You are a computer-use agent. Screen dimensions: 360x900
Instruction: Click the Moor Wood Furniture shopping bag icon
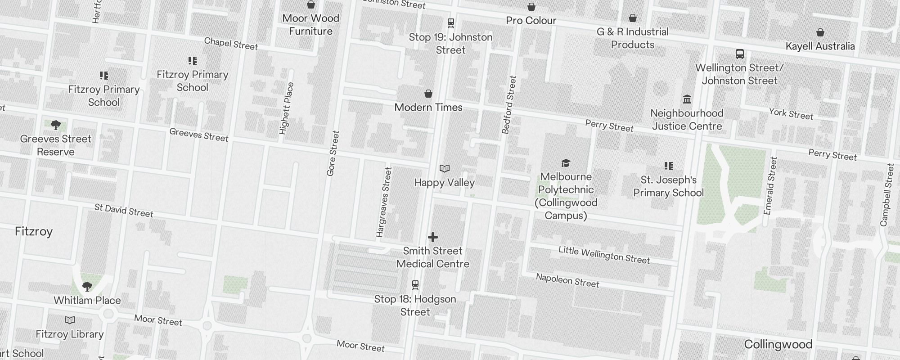click(x=310, y=5)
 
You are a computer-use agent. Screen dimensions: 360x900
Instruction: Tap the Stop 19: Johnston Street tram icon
click(x=450, y=22)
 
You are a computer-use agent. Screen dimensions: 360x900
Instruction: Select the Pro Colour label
click(x=531, y=21)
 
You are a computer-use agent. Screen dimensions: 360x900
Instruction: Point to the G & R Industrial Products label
click(x=632, y=38)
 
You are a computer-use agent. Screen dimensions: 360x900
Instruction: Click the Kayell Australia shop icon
click(x=820, y=32)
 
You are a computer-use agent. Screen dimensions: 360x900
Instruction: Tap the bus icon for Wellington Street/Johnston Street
click(x=739, y=54)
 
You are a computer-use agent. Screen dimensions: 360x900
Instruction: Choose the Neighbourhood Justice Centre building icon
click(x=687, y=99)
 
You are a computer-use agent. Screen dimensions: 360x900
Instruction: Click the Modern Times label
click(x=428, y=108)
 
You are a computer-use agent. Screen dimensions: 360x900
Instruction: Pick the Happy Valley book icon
click(x=444, y=169)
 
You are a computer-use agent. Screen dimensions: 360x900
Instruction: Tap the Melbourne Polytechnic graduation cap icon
click(x=566, y=163)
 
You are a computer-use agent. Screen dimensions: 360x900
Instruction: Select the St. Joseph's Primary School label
click(x=668, y=186)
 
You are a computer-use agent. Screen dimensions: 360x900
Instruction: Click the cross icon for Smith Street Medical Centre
click(x=432, y=237)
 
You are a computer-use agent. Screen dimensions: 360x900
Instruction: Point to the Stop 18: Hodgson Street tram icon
click(x=415, y=285)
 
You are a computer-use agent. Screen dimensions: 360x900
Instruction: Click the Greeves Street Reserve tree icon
click(x=55, y=125)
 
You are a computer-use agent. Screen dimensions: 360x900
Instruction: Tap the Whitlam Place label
click(x=87, y=301)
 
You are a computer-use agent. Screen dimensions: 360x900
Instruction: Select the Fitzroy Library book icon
click(x=69, y=320)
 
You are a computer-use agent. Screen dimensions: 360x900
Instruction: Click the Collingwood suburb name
click(x=778, y=345)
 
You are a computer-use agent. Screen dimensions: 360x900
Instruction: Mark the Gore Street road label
click(x=333, y=153)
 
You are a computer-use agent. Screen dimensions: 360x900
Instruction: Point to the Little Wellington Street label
click(x=604, y=255)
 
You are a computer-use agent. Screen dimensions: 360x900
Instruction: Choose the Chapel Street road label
click(x=231, y=44)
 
